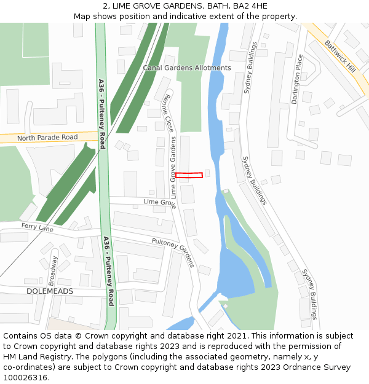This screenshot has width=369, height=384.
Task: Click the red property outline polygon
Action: point(189,175)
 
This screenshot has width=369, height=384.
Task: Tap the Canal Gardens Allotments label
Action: point(187,68)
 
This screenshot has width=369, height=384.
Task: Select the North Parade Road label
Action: point(47,138)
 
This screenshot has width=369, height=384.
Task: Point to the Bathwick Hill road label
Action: point(340,56)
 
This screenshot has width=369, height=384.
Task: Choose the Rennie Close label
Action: point(168,113)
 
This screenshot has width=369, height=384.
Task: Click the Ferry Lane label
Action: point(38,228)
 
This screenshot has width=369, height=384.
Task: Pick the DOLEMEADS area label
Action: point(50,291)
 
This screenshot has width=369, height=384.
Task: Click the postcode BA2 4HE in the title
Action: point(250,6)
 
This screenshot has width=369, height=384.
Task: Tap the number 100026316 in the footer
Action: point(25,377)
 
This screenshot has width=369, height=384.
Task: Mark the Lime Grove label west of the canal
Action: point(159,202)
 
